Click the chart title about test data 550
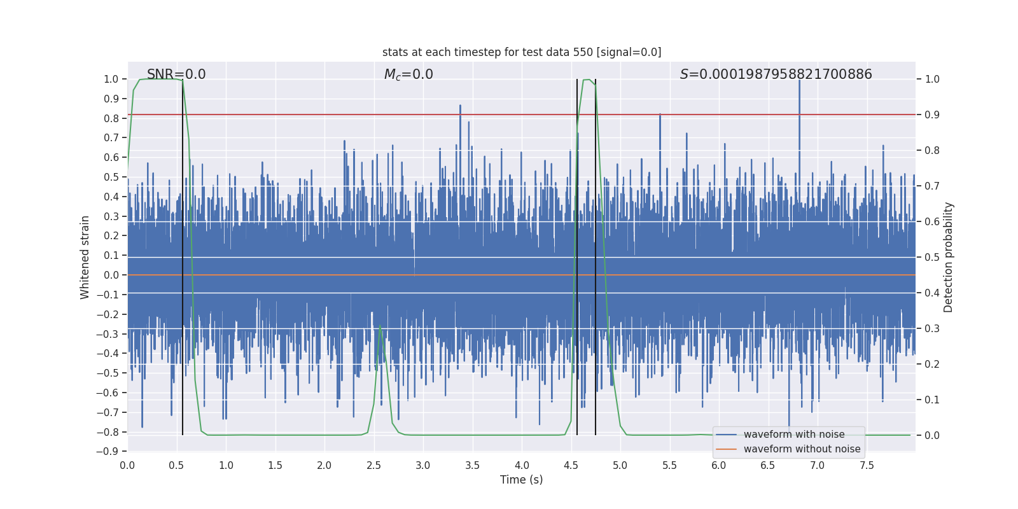[522, 52]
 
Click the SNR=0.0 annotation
[176, 74]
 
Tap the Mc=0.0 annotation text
[408, 74]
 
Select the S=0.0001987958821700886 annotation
[776, 74]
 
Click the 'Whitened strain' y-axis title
[85, 257]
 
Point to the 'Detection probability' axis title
[949, 257]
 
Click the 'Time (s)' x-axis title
[521, 480]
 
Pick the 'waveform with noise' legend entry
[793, 435]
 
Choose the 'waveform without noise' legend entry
[801, 449]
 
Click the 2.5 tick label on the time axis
[373, 465]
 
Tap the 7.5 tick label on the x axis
[867, 465]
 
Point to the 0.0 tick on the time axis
[127, 465]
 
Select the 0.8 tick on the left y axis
[111, 118]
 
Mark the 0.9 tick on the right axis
[932, 115]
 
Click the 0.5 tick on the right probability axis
[932, 258]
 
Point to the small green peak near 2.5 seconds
[380, 326]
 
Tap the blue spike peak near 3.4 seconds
[460, 106]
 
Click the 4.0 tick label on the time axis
[522, 465]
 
